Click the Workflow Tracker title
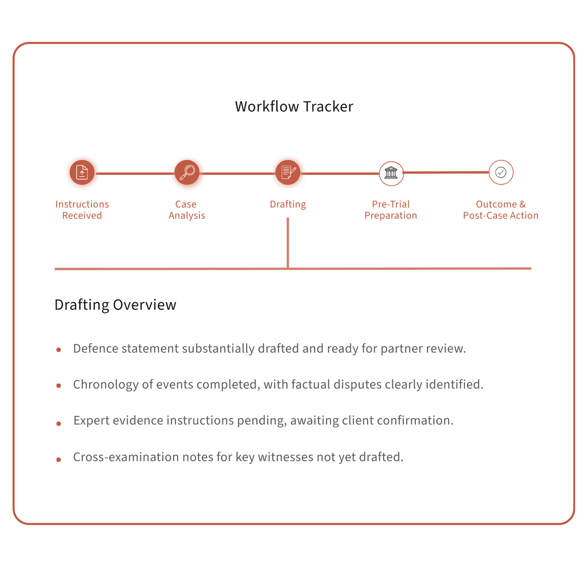pos(294,107)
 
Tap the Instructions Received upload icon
pos(82,172)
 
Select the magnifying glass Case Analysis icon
pos(187,172)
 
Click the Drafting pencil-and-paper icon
pos(288,172)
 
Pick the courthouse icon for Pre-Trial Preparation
pos(391,173)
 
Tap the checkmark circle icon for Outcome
pos(501,172)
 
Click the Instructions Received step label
pos(82,210)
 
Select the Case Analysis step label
pos(187,210)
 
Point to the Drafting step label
pos(288,204)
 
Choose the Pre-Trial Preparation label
pos(391,210)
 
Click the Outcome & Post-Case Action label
pos(501,210)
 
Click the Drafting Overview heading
pos(115,305)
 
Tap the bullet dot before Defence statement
pos(59,350)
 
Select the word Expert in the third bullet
pos(91,420)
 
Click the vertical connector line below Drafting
pos(288,243)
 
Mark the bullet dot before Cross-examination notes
pos(59,459)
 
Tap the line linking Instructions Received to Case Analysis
pos(135,173)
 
